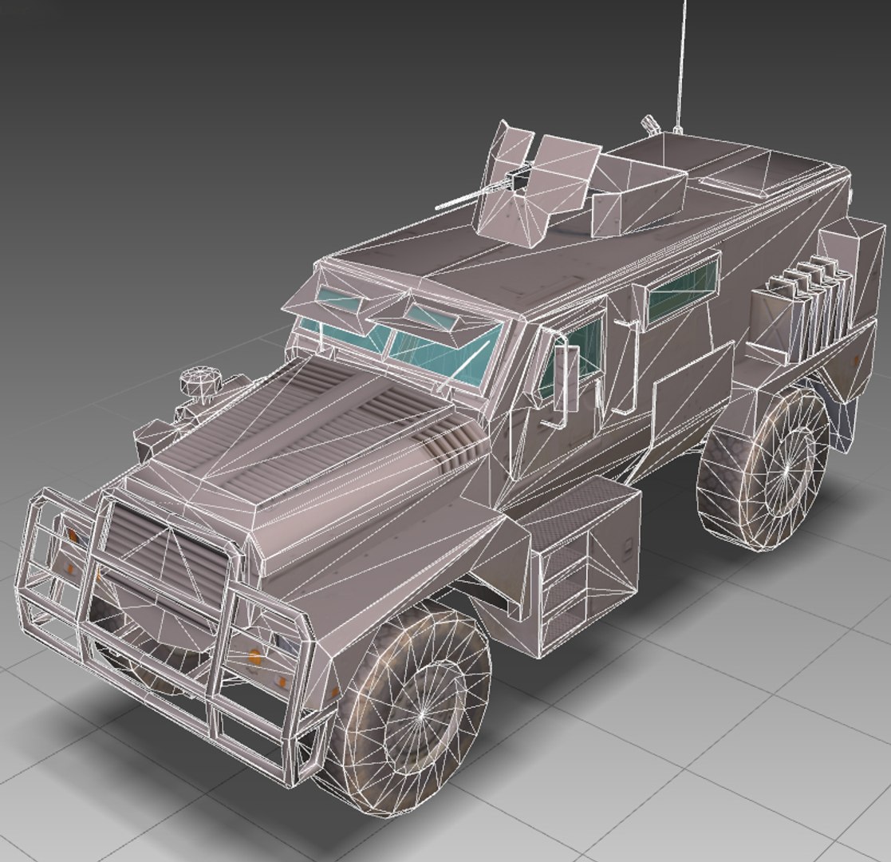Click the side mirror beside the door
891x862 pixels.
pyautogui.click(x=567, y=378)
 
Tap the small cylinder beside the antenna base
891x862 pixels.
pyautogui.click(x=650, y=124)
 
